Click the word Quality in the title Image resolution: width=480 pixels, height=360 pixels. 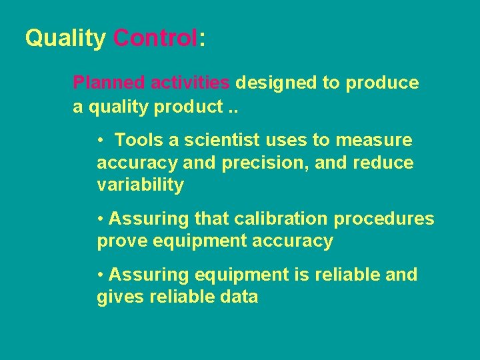pyautogui.click(x=65, y=39)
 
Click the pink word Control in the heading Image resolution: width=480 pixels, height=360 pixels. pyautogui.click(x=155, y=38)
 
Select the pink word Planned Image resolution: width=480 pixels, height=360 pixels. pyautogui.click(x=109, y=83)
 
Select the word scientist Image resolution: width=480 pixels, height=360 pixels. pyautogui.click(x=217, y=141)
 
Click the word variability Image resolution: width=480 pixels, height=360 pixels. pyautogui.click(x=140, y=185)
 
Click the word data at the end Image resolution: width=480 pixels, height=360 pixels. pyautogui.click(x=238, y=297)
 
